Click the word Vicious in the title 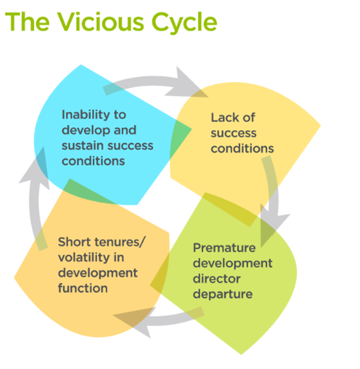(x=101, y=22)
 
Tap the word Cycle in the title (x=184, y=23)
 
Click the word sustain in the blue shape (x=78, y=145)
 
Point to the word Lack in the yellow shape (x=224, y=117)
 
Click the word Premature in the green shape (x=224, y=249)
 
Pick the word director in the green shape (x=217, y=279)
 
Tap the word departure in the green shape (x=222, y=295)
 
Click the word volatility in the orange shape (x=84, y=258)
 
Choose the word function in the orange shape (x=83, y=288)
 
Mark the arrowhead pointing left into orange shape (x=135, y=322)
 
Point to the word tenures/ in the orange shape (x=120, y=242)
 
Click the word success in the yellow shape (x=233, y=133)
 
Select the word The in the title (x=28, y=22)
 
